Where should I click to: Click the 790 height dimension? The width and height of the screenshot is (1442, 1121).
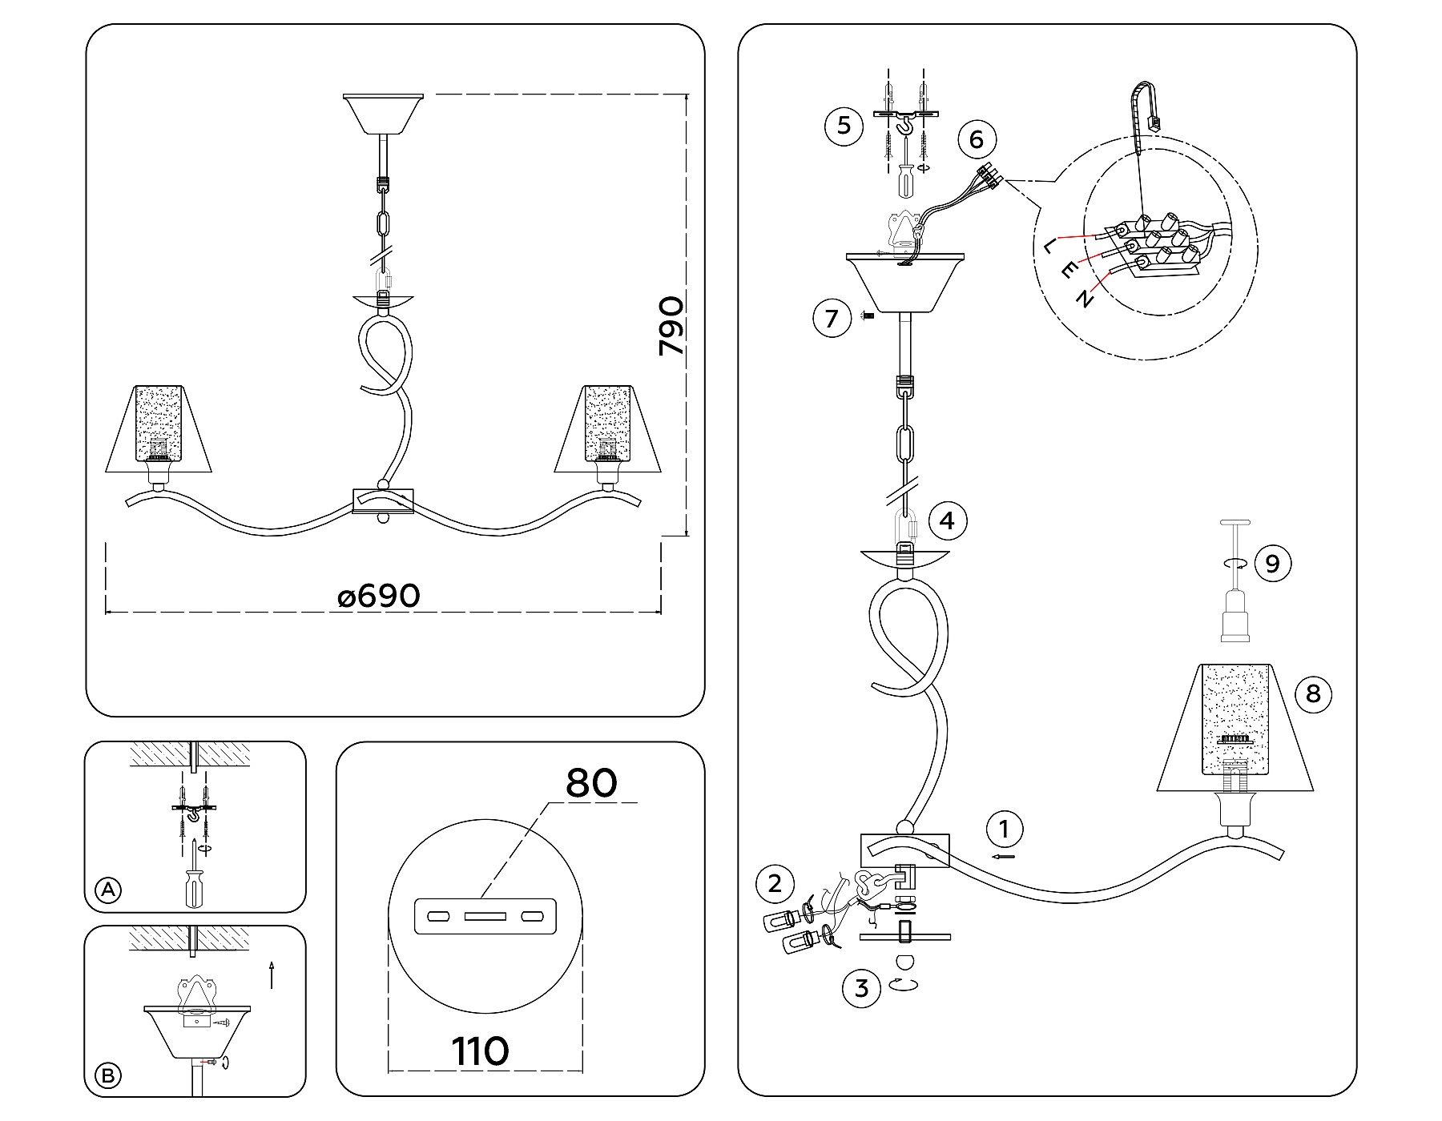(x=671, y=326)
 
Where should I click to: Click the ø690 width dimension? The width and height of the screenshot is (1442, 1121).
(x=379, y=596)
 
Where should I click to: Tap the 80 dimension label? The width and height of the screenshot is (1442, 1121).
(x=591, y=783)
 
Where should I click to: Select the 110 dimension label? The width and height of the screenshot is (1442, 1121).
(x=480, y=1051)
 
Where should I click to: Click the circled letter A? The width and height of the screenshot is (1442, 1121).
(x=108, y=890)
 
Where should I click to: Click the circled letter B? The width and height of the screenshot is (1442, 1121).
(x=108, y=1075)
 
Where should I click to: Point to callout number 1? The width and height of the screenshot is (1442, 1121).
(x=1005, y=829)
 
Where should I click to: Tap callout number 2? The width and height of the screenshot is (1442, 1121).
(x=775, y=884)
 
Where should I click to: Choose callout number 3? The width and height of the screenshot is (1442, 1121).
(x=862, y=988)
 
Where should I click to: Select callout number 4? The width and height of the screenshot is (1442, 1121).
(x=948, y=521)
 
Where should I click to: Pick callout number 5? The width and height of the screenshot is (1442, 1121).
(x=844, y=126)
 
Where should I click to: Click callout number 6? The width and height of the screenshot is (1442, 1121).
(x=976, y=139)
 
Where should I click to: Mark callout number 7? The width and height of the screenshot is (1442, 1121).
(x=832, y=319)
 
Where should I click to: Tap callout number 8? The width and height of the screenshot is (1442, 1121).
(x=1312, y=693)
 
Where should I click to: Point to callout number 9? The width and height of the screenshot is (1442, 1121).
(x=1272, y=564)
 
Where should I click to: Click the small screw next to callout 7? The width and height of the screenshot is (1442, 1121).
(x=868, y=316)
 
